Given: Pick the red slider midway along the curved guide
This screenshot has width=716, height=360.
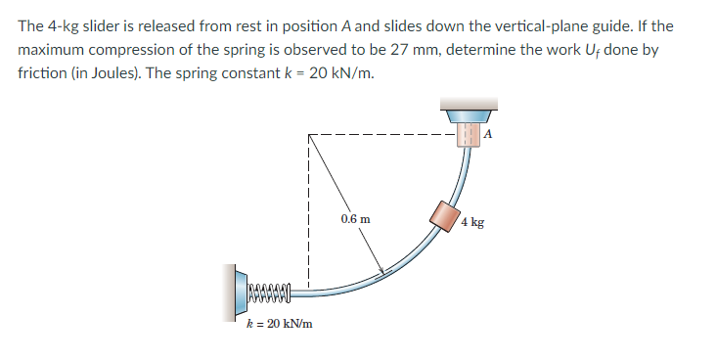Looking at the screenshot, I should pyautogui.click(x=445, y=214).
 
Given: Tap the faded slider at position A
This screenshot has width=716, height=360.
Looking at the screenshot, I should pyautogui.click(x=469, y=133).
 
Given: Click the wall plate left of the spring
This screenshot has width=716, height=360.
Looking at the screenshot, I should pyautogui.click(x=238, y=291).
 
